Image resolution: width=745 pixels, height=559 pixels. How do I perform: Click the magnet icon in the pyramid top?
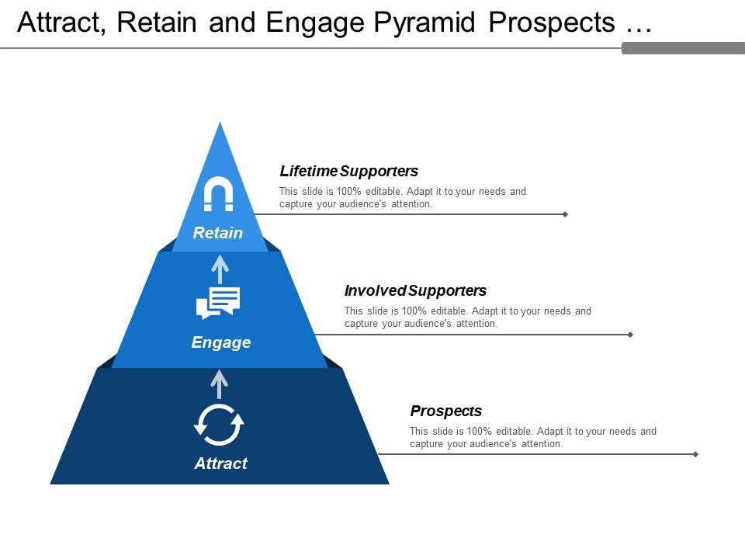click(x=218, y=194)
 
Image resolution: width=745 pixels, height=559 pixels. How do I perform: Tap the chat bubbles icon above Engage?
click(x=218, y=303)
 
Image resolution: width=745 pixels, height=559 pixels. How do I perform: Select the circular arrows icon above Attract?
click(x=219, y=424)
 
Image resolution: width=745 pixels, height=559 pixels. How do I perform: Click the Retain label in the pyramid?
click(x=218, y=233)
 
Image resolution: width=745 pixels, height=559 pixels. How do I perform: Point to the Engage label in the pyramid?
click(x=221, y=342)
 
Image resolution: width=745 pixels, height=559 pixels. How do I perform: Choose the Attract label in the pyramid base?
click(x=221, y=464)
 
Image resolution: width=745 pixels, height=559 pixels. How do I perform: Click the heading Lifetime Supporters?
click(x=348, y=171)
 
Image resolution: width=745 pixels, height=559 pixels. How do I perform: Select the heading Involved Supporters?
click(x=415, y=290)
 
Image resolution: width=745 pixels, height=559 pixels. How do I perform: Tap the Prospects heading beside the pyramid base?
click(x=445, y=411)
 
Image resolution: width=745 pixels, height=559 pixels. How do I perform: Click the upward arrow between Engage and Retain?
click(x=220, y=269)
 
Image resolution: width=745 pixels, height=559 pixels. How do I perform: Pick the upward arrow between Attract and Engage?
click(x=220, y=384)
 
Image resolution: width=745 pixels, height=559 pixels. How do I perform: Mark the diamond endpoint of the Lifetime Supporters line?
click(x=565, y=214)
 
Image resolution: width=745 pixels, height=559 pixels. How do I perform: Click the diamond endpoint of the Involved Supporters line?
click(x=630, y=335)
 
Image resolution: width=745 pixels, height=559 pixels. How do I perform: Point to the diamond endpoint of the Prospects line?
click(x=695, y=454)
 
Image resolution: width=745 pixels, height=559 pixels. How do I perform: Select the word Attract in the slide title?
click(x=62, y=23)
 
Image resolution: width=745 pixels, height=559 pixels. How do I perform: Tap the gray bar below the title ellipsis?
click(x=683, y=48)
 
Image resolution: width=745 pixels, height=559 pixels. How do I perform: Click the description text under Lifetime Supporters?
click(x=402, y=198)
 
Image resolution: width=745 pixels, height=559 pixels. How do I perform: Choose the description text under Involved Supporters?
click(x=467, y=318)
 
